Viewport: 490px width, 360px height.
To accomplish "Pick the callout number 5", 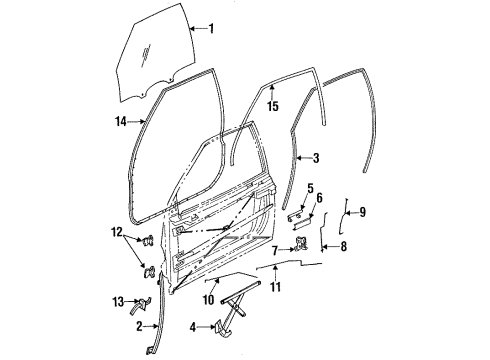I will pyautogui.click(x=311, y=187).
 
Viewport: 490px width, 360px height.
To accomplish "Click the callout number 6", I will pyautogui.click(x=320, y=200).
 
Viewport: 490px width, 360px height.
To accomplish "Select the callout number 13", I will pyautogui.click(x=275, y=291).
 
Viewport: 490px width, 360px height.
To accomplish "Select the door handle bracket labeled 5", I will pyautogui.click(x=296, y=213).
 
